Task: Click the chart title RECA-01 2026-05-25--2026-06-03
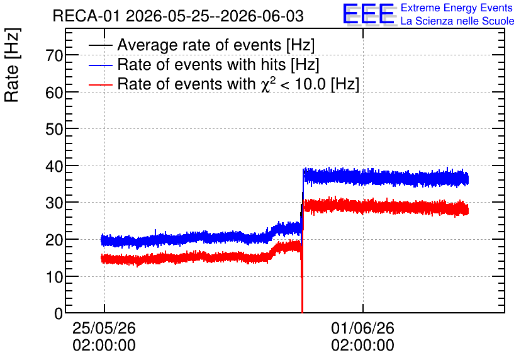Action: click(178, 16)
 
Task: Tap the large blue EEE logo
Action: click(368, 14)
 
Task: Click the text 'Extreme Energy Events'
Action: click(457, 8)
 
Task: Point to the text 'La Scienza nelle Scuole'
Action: click(457, 21)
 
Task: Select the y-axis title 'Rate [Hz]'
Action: click(12, 65)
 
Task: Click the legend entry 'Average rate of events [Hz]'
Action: click(216, 45)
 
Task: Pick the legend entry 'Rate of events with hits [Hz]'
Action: click(218, 64)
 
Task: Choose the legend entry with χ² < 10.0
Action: click(238, 84)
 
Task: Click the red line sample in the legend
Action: click(100, 84)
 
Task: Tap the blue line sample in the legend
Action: click(100, 65)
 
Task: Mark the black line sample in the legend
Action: click(100, 45)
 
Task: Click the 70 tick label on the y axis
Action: click(54, 55)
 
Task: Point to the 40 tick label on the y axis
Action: click(54, 166)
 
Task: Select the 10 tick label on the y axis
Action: click(54, 277)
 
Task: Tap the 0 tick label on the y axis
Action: click(59, 313)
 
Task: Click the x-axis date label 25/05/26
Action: click(104, 328)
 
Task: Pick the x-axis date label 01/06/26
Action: click(362, 328)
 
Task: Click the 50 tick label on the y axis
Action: click(54, 130)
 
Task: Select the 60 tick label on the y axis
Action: click(54, 93)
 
